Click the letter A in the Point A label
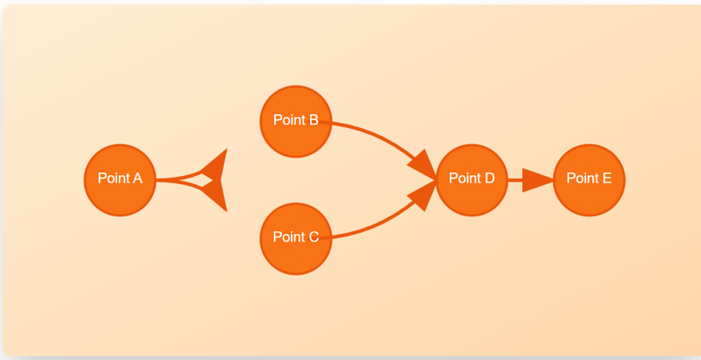[x=137, y=179]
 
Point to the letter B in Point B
[x=313, y=120]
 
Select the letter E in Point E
[x=607, y=179]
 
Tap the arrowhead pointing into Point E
[x=538, y=180]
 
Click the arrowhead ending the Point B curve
[x=423, y=166]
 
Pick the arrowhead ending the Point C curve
[x=422, y=196]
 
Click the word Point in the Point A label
[x=112, y=179]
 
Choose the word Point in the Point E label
[x=581, y=179]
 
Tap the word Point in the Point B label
[x=288, y=120]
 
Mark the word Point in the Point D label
[x=463, y=179]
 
